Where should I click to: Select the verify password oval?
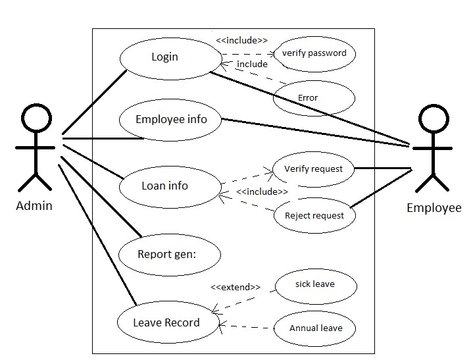click(x=314, y=53)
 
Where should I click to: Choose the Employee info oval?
click(x=170, y=120)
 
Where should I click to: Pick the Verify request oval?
click(x=313, y=169)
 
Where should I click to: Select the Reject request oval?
click(x=314, y=216)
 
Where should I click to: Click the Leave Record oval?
click(x=167, y=322)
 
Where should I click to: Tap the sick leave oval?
click(x=314, y=285)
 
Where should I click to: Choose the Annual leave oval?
click(x=316, y=328)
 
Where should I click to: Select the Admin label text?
click(x=34, y=206)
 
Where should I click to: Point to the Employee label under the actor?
click(x=434, y=208)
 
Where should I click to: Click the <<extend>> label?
click(x=235, y=288)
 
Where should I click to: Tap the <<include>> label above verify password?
click(x=241, y=41)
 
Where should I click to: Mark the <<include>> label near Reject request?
click(x=261, y=192)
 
